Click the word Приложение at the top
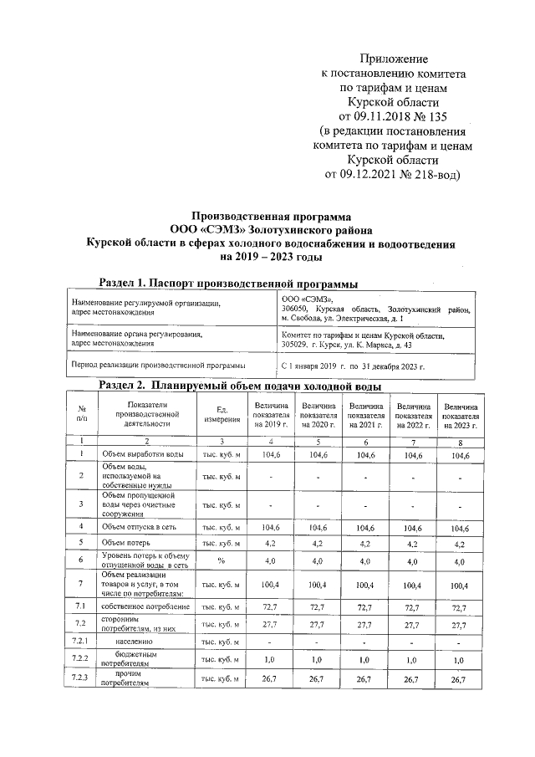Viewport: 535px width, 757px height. (x=394, y=59)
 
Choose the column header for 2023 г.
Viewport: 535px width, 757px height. (x=461, y=414)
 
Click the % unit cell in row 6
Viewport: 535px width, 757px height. (x=222, y=561)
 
